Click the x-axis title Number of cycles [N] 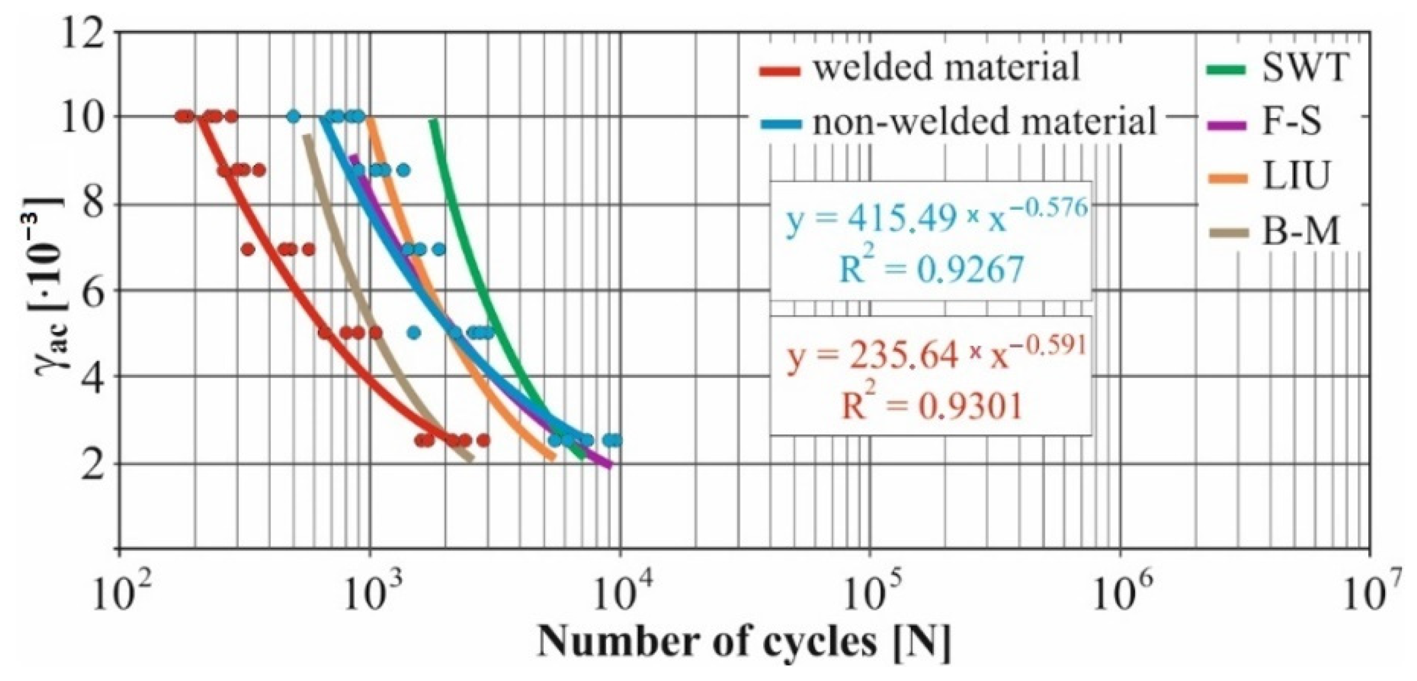[x=744, y=644]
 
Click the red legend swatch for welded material [x=780, y=72]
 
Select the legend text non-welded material [x=984, y=122]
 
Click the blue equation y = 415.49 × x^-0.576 [x=937, y=218]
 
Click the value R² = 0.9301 [x=931, y=406]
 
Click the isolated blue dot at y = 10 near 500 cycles [x=293, y=116]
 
